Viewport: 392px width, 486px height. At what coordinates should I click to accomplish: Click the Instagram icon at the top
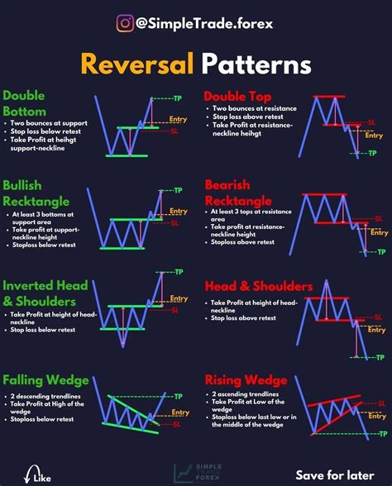point(126,23)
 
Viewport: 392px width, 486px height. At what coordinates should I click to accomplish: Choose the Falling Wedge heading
point(45,380)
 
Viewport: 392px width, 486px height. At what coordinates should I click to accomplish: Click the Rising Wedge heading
point(242,379)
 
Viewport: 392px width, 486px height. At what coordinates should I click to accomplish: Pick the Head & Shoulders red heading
point(258,286)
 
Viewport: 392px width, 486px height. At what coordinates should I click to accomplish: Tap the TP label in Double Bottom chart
point(179,99)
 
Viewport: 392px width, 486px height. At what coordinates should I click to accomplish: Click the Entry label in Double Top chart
point(374,136)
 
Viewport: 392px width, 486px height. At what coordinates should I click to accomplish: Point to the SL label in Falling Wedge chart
point(177,424)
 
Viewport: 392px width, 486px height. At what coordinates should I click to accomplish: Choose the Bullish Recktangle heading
point(36,193)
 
